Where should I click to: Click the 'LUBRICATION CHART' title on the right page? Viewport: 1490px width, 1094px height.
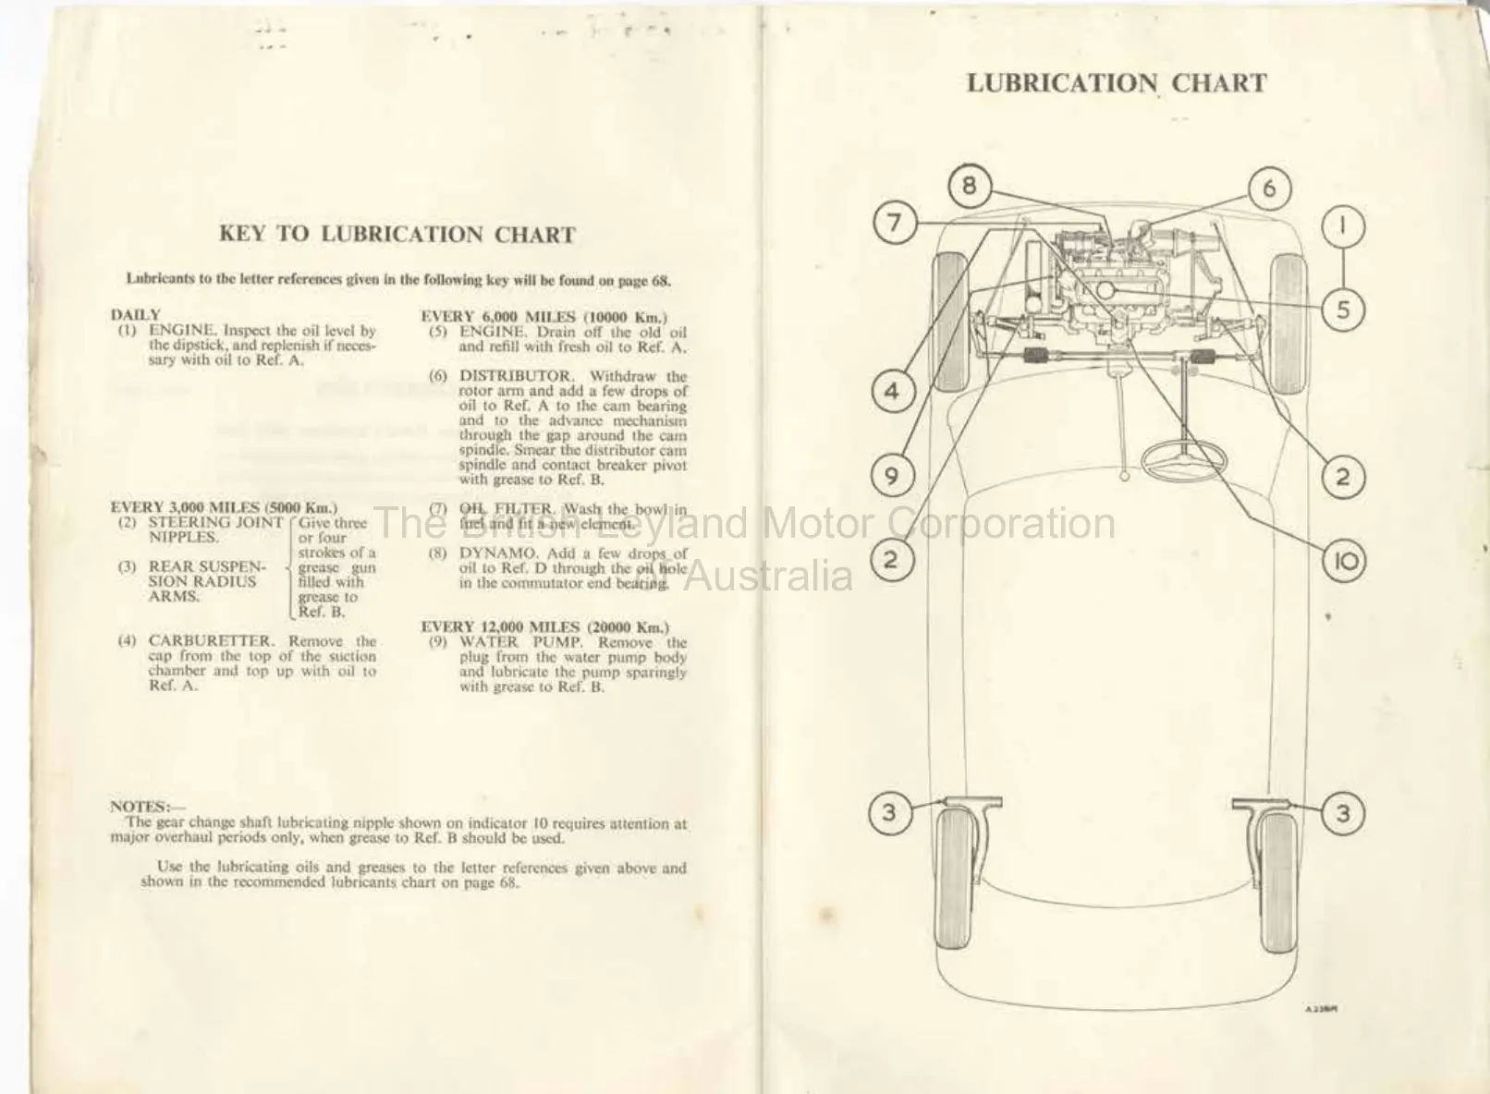(1116, 83)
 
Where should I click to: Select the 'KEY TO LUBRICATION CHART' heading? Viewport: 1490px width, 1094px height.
(397, 235)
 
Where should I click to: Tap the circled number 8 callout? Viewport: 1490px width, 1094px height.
(968, 186)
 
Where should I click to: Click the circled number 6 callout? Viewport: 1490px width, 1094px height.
(1269, 188)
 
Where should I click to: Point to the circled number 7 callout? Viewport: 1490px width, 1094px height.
(893, 224)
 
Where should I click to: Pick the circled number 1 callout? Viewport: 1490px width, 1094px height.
(1343, 225)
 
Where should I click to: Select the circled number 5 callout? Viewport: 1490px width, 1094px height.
(1343, 310)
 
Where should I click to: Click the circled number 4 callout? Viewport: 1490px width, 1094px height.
(891, 392)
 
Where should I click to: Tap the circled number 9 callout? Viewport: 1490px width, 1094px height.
(891, 477)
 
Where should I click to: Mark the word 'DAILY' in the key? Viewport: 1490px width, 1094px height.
(135, 315)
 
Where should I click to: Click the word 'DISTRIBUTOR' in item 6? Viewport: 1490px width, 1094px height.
(516, 376)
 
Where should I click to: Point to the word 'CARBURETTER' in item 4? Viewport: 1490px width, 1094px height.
(211, 641)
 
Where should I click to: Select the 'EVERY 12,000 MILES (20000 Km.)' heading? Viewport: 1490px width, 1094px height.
(545, 627)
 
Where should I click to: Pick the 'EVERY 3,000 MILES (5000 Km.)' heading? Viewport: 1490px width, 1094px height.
(224, 507)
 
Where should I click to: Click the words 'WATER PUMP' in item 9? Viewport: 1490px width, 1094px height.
(520, 642)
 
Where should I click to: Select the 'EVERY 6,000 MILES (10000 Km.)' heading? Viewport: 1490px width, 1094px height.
(543, 317)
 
